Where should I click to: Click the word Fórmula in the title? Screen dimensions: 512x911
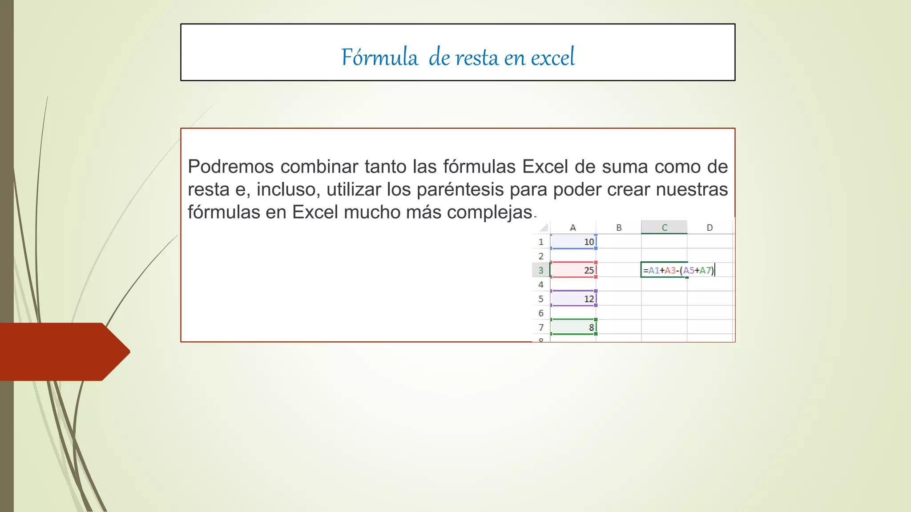coord(379,57)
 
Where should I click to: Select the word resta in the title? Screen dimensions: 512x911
coord(476,58)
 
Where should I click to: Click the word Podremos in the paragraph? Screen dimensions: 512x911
coord(230,167)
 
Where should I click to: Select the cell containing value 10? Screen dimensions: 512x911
coord(573,242)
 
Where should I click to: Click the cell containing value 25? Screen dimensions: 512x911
coord(573,270)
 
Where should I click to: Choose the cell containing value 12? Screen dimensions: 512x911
coord(573,299)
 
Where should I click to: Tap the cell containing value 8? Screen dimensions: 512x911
coord(573,327)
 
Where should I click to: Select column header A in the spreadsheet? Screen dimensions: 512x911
coord(573,228)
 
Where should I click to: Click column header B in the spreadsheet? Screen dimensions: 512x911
coord(619,228)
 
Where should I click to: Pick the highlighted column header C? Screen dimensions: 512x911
coord(664,228)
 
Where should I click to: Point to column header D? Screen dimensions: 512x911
coord(709,228)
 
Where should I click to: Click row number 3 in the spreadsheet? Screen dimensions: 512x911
coord(541,270)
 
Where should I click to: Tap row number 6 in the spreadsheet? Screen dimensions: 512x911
coord(541,313)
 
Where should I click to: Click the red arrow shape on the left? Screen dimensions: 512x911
coord(62,352)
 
